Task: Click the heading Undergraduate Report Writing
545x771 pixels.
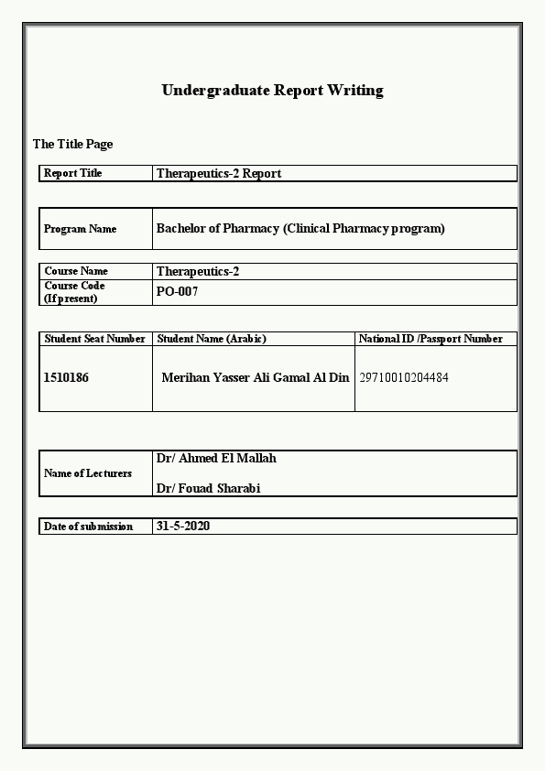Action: click(x=272, y=90)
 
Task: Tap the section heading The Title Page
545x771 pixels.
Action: click(x=72, y=144)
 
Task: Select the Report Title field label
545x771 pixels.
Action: click(x=73, y=173)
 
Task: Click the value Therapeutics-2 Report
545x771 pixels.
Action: click(x=219, y=173)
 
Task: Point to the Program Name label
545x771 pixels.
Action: click(x=81, y=229)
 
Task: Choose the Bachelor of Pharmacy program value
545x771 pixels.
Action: click(x=300, y=229)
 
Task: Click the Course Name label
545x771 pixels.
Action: click(x=76, y=271)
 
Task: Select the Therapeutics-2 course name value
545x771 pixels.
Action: click(x=198, y=271)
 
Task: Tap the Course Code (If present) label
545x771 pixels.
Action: click(x=74, y=292)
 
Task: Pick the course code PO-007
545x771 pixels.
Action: click(x=177, y=292)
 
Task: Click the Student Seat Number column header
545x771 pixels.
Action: click(x=95, y=339)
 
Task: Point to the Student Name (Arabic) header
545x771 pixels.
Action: click(x=212, y=339)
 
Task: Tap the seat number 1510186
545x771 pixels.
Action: click(x=66, y=377)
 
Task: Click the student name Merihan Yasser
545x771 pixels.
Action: click(x=255, y=377)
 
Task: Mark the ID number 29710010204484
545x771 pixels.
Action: click(x=404, y=377)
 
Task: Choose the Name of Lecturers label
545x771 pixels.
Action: click(x=88, y=473)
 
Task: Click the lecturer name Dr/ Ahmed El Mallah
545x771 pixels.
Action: click(x=216, y=458)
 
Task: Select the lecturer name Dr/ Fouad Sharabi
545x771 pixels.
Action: click(x=208, y=488)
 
